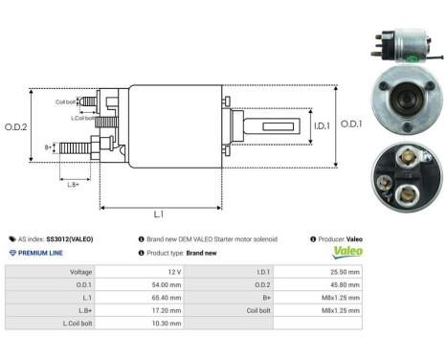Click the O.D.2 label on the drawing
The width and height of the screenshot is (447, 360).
point(16,126)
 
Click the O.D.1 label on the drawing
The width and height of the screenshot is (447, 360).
point(350,124)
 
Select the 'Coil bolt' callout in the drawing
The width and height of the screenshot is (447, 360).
point(65,100)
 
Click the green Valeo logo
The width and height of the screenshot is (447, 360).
point(346,253)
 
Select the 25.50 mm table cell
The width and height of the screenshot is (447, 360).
point(344,272)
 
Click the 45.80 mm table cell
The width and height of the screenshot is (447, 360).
point(344,284)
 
